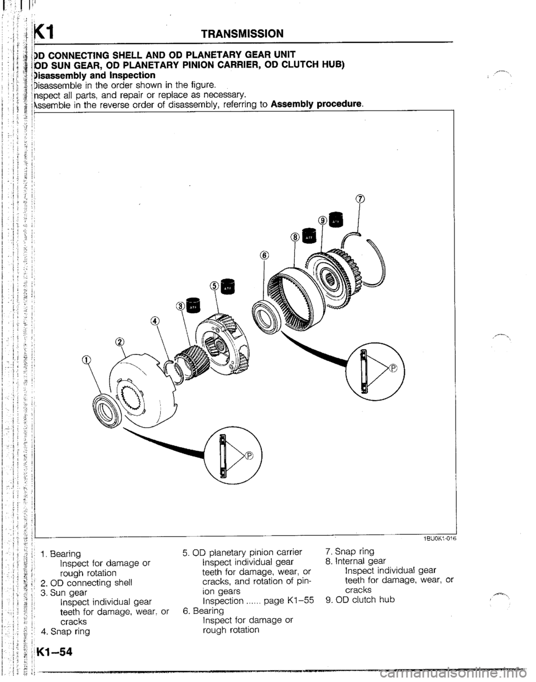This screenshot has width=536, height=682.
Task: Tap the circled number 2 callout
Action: click(x=119, y=342)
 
